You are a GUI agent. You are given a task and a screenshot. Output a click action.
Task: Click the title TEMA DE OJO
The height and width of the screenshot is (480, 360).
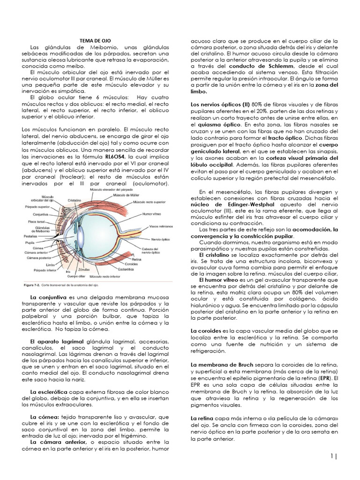pyautogui.click(x=94, y=41)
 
